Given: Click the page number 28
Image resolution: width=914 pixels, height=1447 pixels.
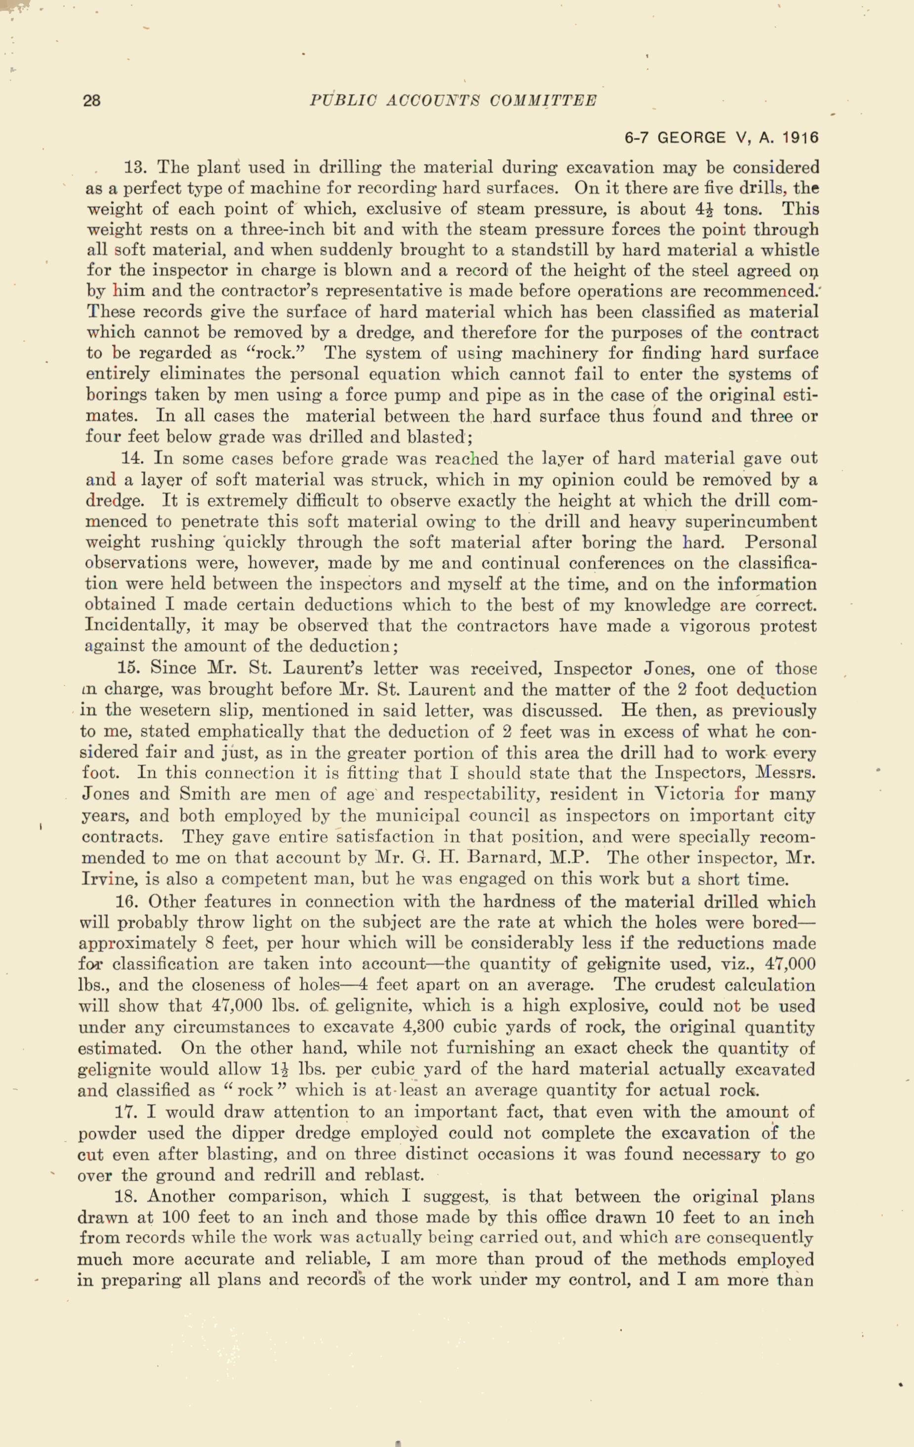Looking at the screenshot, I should (91, 100).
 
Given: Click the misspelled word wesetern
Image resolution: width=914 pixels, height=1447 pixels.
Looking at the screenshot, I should (175, 711).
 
